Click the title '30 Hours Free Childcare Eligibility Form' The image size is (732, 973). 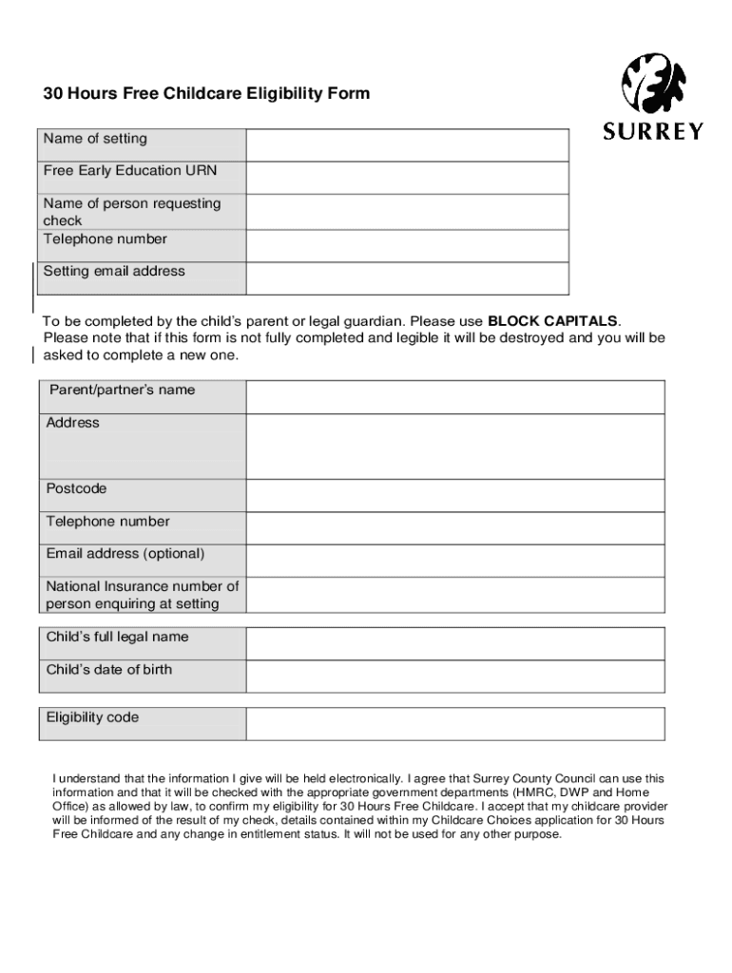[206, 94]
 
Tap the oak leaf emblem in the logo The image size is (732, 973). [653, 83]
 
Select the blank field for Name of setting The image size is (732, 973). [407, 145]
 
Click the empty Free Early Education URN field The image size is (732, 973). [407, 178]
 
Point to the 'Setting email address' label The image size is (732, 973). [114, 272]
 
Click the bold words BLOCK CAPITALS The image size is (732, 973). [552, 320]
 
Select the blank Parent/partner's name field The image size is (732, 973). [455, 397]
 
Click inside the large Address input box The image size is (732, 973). [455, 447]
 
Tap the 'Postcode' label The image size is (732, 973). [77, 489]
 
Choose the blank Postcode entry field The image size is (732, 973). [455, 495]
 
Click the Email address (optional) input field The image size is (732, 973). [455, 561]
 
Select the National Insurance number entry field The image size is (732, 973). [455, 596]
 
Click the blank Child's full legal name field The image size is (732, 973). [455, 643]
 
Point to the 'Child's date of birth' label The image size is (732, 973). [109, 670]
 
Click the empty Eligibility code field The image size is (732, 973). [455, 724]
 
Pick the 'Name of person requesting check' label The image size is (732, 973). [131, 212]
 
